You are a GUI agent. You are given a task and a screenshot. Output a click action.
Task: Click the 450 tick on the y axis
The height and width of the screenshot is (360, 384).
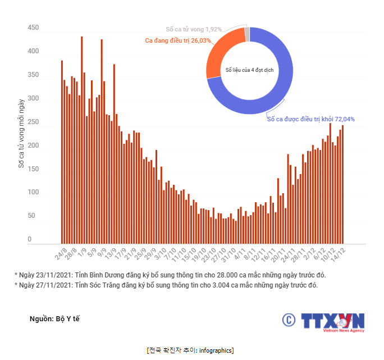coord(33,28)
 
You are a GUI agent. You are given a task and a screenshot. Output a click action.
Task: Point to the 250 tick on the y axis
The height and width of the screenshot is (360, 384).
coord(33,122)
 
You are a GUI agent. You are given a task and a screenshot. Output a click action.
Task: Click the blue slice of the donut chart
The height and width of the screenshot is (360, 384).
coord(281,84)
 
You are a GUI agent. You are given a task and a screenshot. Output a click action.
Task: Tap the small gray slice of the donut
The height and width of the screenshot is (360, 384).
coord(247,34)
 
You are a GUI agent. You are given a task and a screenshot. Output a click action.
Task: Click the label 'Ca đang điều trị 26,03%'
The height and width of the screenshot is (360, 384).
coord(177,40)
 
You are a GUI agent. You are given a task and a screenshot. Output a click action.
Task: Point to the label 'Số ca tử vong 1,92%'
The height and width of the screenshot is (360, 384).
coord(194,29)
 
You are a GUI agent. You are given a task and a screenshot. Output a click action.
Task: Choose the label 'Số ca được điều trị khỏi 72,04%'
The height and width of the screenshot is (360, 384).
coord(310,119)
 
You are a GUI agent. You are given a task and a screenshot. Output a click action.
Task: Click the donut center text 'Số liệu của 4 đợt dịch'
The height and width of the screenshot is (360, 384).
coord(250,69)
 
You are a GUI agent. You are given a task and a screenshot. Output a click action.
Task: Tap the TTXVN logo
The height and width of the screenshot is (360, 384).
coord(324,321)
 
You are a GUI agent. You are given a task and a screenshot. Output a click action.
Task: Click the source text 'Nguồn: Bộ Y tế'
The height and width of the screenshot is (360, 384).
coord(54,319)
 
